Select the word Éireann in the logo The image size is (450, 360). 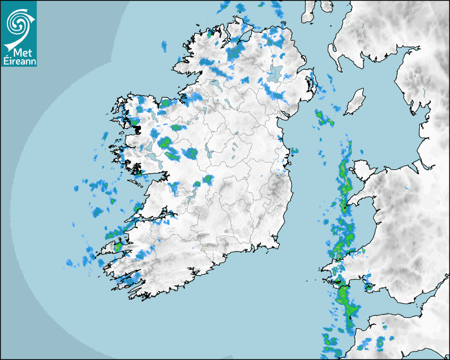(x=19, y=61)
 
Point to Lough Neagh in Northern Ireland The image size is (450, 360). (x=275, y=73)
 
